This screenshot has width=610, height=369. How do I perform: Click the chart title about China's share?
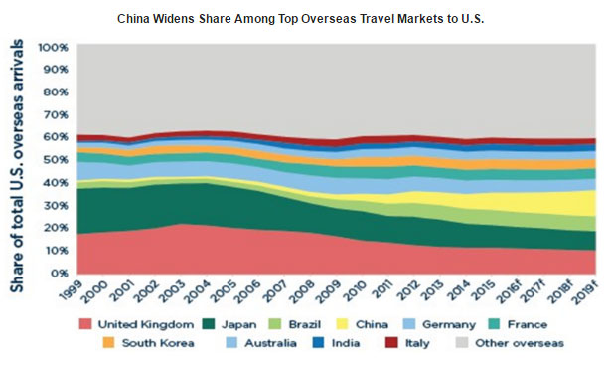click(305, 19)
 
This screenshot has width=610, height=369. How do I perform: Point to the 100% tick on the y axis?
click(52, 47)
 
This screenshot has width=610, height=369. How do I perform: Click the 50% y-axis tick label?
click(55, 159)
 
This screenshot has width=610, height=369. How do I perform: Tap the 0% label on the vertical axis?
click(59, 272)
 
